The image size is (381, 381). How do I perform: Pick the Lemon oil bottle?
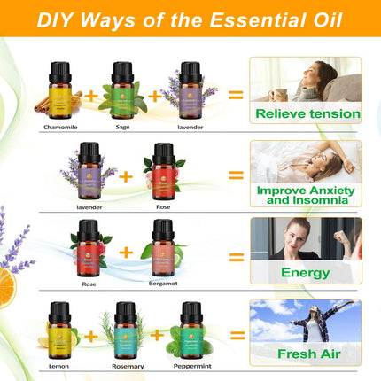(x=59, y=329)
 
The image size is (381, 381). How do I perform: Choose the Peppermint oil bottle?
(x=188, y=329)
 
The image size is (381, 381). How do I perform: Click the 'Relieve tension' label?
(x=307, y=113)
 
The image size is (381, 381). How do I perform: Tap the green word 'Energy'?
(x=305, y=273)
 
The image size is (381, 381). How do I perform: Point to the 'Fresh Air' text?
(x=306, y=354)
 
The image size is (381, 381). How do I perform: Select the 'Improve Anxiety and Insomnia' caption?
(x=306, y=194)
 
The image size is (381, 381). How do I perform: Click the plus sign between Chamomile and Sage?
(x=91, y=90)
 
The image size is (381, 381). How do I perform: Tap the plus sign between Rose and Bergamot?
(x=126, y=253)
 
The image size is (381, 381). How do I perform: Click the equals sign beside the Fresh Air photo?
(x=236, y=336)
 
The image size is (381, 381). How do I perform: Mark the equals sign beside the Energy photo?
(x=236, y=257)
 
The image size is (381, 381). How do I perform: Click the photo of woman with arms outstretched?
(x=306, y=321)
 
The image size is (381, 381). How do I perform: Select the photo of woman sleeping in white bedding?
(x=306, y=161)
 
